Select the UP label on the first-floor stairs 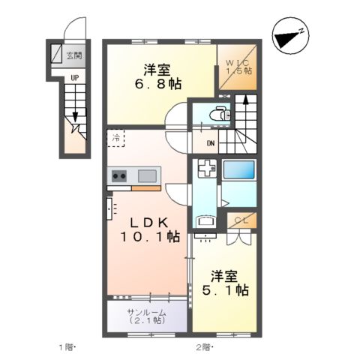[x=74, y=76]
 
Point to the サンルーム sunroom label [x=146, y=312]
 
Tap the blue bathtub [x=239, y=170]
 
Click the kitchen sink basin [x=147, y=176]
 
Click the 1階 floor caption [x=67, y=347]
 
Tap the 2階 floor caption [x=204, y=347]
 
